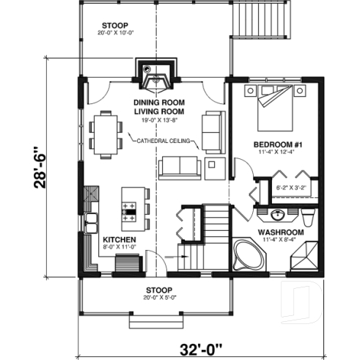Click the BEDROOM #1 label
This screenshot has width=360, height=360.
[x=276, y=143]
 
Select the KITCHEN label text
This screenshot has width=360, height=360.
[x=117, y=240]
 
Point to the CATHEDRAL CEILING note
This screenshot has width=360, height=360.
[x=163, y=139]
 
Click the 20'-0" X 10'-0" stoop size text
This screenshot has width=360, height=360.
[x=119, y=32]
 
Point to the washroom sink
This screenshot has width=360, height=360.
[x=278, y=216]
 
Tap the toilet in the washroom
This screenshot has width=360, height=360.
[x=308, y=216]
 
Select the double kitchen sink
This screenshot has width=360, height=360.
[x=92, y=221]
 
